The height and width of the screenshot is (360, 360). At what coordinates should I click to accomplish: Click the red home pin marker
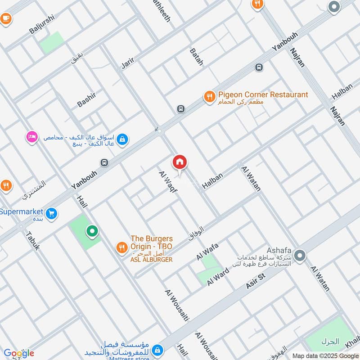(180, 162)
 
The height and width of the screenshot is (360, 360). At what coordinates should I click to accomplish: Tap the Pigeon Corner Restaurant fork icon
(209, 97)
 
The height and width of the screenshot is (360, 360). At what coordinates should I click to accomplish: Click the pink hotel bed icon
(32, 136)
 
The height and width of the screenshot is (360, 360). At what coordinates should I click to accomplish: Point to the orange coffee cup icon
(5, 18)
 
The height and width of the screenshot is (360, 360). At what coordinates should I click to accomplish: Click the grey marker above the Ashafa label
(301, 256)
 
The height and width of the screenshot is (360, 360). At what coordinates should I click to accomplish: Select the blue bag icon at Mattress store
(157, 349)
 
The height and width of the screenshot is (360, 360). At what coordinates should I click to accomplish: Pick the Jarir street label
(128, 63)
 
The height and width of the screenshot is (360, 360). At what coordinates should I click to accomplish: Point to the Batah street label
(197, 57)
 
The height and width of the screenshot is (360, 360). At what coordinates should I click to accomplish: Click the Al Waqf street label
(168, 182)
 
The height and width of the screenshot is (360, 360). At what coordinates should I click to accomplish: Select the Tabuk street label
(32, 241)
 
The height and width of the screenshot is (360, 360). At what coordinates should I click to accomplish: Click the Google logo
(19, 353)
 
